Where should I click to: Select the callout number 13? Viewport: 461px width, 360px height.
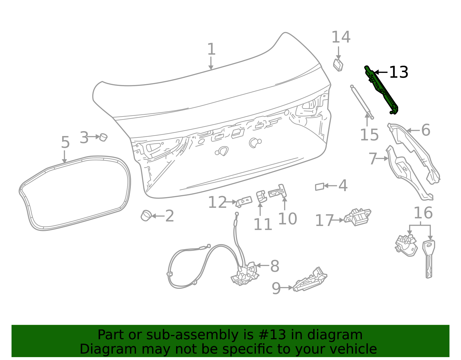398,72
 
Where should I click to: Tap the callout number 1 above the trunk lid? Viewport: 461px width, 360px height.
211,49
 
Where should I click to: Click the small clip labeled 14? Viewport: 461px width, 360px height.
338,65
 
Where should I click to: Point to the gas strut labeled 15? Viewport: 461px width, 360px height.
362,101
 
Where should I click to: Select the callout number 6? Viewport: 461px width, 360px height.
426,130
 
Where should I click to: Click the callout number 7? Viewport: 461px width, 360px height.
373,159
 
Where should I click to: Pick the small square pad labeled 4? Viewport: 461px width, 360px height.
320,187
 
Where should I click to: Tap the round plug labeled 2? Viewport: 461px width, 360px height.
146,216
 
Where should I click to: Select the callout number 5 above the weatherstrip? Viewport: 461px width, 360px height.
65,143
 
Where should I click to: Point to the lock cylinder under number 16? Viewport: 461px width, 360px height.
406,245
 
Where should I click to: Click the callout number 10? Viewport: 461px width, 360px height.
287,219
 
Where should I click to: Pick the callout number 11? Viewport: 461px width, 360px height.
262,225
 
